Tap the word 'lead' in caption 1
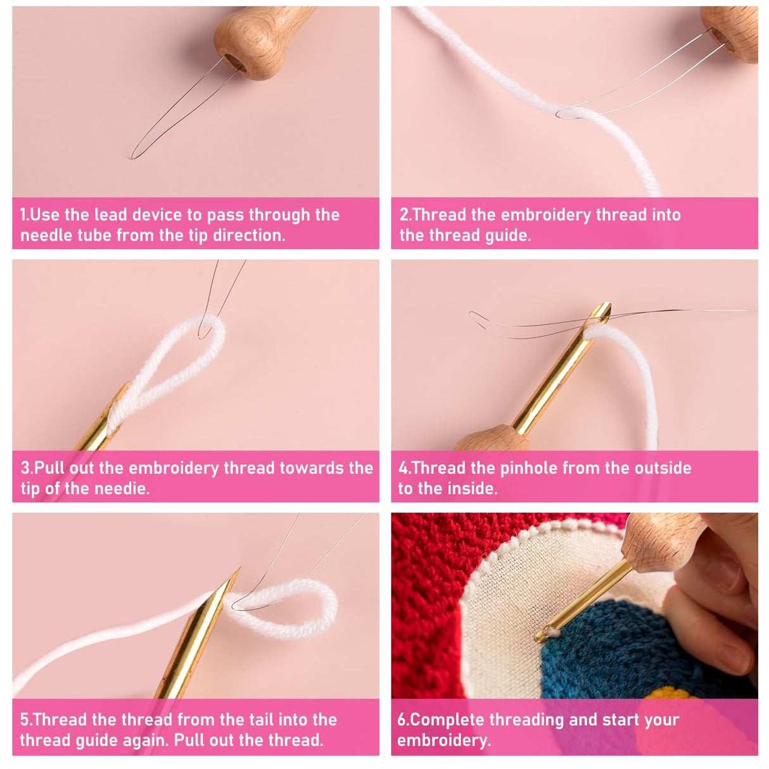tap(111, 215)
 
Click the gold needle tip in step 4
tap(601, 312)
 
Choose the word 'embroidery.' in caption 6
tap(443, 740)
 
